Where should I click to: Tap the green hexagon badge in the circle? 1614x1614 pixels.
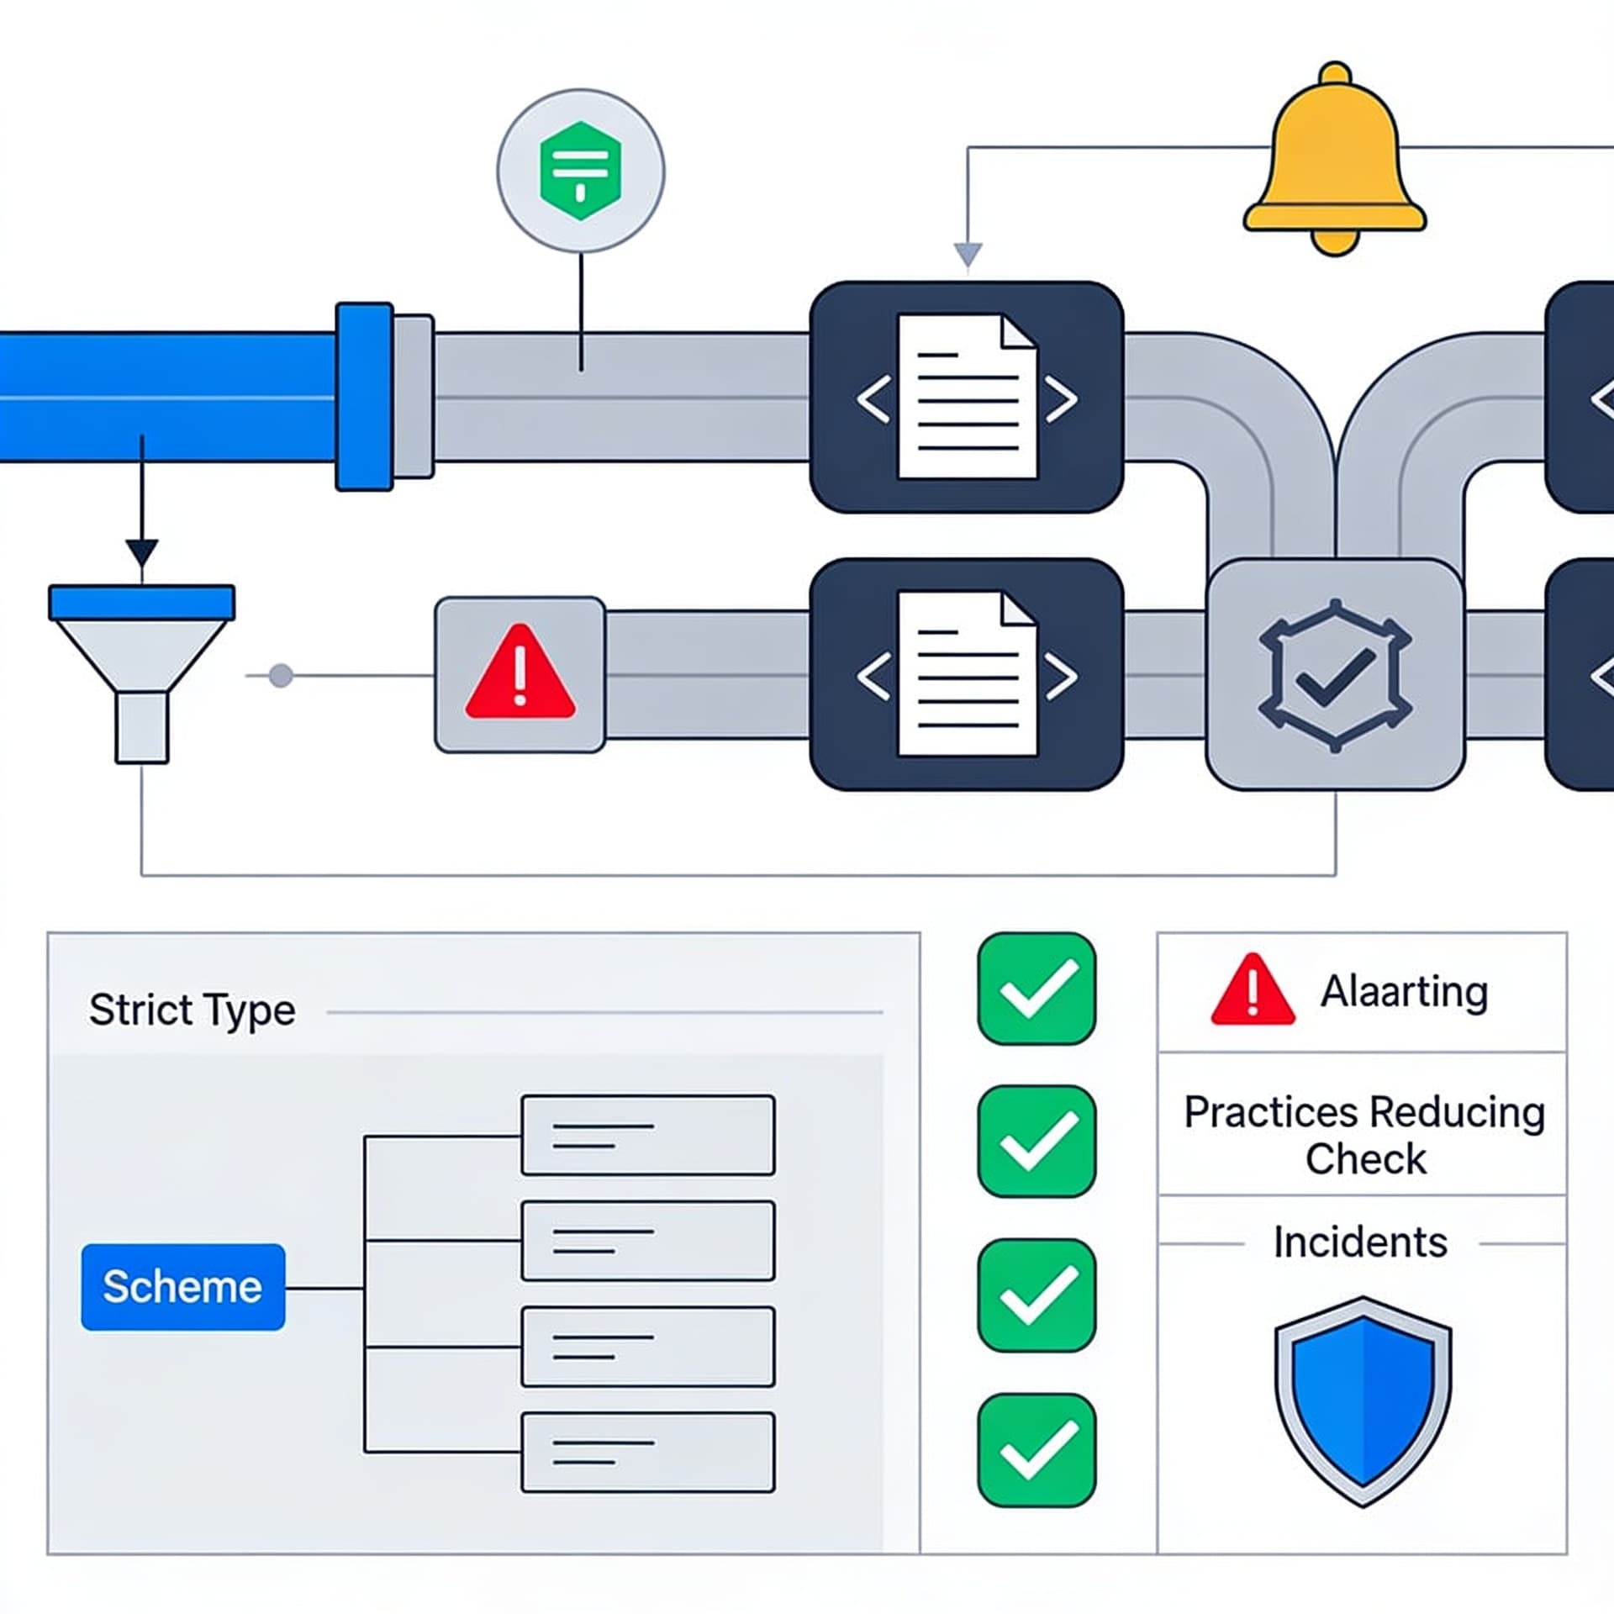coord(580,171)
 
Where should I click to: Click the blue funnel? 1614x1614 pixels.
coord(141,673)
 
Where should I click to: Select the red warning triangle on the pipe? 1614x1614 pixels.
coord(520,672)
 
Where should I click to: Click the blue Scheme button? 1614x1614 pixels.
coord(183,1287)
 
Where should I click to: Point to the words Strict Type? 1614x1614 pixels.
coord(193,1010)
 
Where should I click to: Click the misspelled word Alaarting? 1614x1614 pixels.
coord(1404,992)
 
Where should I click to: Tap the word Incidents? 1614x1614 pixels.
coord(1360,1242)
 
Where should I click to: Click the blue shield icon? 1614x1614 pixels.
coord(1363,1401)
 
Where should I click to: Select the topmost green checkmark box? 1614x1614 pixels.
coord(1036,989)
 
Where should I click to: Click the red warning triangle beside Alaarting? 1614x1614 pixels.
coord(1253,989)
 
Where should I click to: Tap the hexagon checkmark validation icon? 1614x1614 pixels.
coord(1335,675)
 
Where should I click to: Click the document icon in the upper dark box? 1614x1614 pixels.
coord(968,397)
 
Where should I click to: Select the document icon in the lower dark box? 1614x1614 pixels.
coord(968,674)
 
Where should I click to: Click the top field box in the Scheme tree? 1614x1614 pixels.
coord(647,1135)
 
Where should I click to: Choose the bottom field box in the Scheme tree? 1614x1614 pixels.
coord(647,1453)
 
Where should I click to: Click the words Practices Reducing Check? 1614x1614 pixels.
coord(1364,1136)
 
